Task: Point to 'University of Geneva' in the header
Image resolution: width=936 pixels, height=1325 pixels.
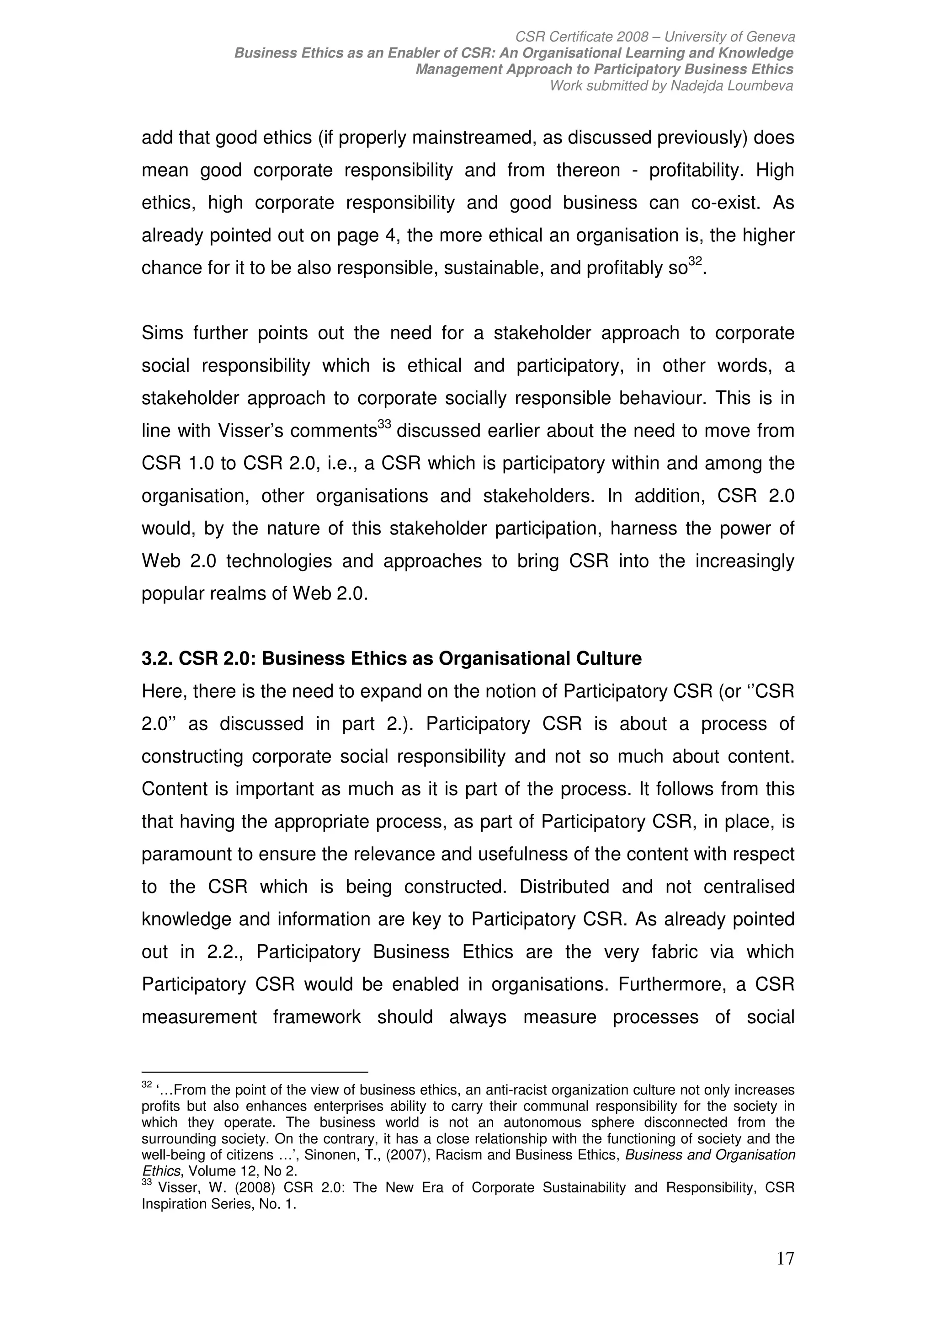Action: tap(729, 37)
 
